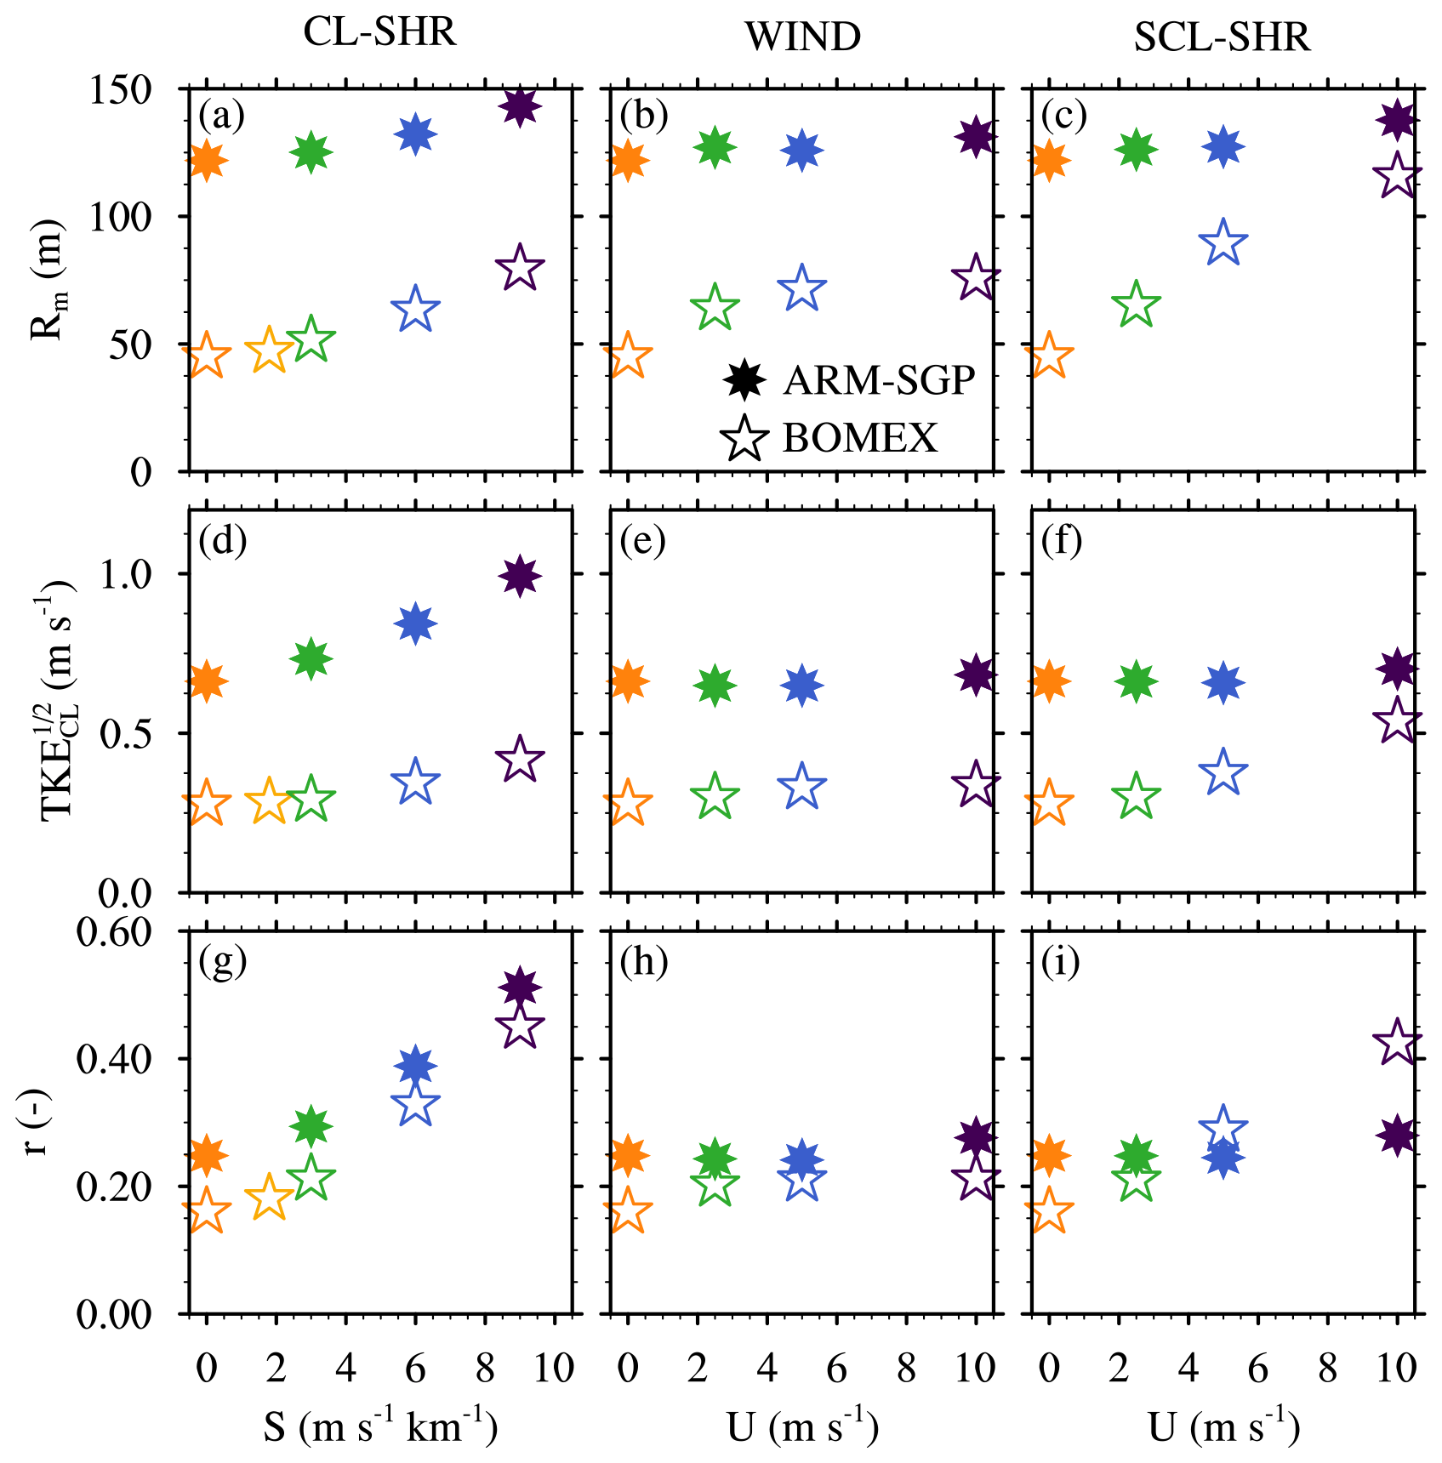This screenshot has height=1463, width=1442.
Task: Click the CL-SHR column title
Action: [x=379, y=33]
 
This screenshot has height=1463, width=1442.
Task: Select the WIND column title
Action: [x=802, y=37]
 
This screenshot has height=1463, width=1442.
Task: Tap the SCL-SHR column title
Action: [x=1222, y=37]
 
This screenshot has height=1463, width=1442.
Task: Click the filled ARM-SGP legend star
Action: [x=744, y=380]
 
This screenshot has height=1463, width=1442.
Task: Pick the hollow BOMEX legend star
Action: [x=744, y=439]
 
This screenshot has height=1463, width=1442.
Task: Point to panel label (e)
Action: [x=643, y=541]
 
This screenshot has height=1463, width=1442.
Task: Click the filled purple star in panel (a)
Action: [x=520, y=106]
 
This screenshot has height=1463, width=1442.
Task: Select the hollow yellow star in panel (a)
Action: [x=269, y=349]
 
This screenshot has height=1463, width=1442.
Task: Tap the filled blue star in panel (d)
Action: [x=415, y=623]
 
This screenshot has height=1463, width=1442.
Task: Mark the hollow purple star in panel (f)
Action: [x=1396, y=720]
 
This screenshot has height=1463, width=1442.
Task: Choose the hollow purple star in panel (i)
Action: [x=1396, y=1042]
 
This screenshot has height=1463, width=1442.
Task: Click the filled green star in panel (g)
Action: [x=311, y=1127]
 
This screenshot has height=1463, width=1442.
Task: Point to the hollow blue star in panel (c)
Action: [x=1223, y=243]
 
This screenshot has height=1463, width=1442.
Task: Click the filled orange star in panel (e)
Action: [x=627, y=681]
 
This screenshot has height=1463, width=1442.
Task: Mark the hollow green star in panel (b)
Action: [x=715, y=308]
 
